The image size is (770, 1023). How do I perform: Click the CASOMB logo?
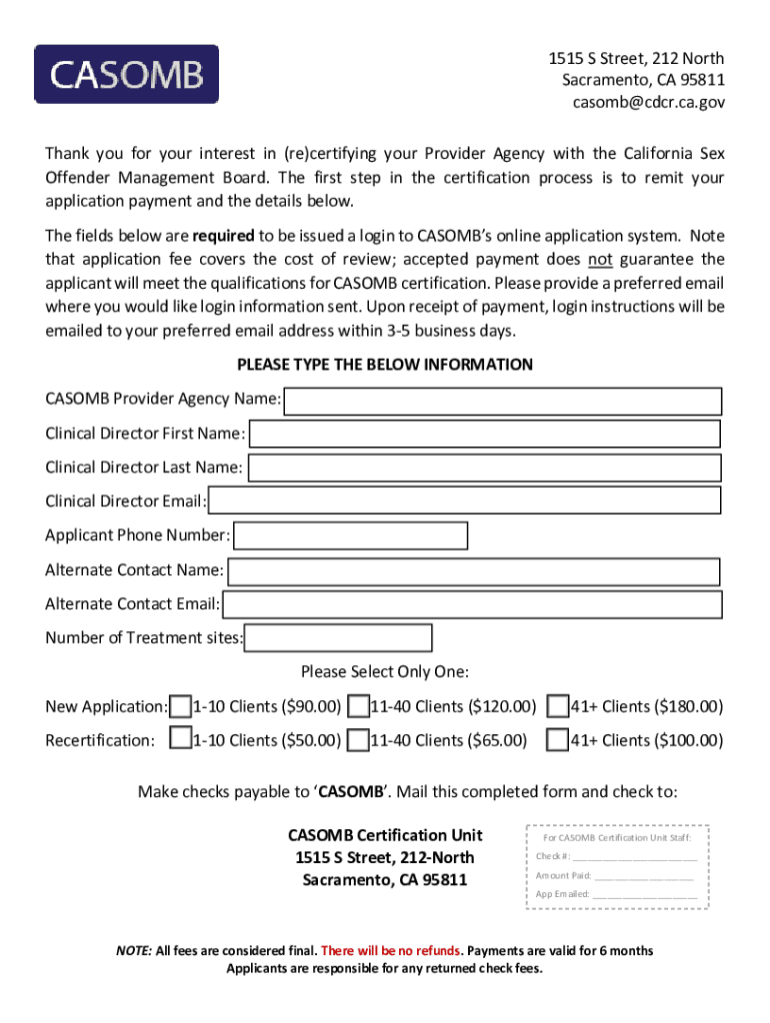tap(126, 74)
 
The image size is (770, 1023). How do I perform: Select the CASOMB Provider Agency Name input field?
tap(503, 402)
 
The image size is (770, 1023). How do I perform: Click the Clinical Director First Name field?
tap(484, 434)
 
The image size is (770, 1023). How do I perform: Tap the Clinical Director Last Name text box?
tap(484, 468)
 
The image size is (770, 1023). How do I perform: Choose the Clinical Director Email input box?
tap(464, 502)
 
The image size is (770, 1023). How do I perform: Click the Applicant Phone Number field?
tap(350, 535)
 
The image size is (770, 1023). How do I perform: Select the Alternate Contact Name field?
tap(474, 571)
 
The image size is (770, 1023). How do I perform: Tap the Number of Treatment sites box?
tap(339, 637)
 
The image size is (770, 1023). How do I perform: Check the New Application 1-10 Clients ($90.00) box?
tap(181, 707)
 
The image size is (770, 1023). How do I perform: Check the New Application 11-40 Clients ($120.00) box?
tap(359, 707)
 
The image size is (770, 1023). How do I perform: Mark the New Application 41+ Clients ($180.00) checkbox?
tap(559, 707)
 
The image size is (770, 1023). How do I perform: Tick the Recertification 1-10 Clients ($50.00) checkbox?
tap(181, 740)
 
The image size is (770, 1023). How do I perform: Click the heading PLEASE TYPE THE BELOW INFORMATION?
tap(385, 365)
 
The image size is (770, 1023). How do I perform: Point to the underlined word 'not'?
tap(600, 260)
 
